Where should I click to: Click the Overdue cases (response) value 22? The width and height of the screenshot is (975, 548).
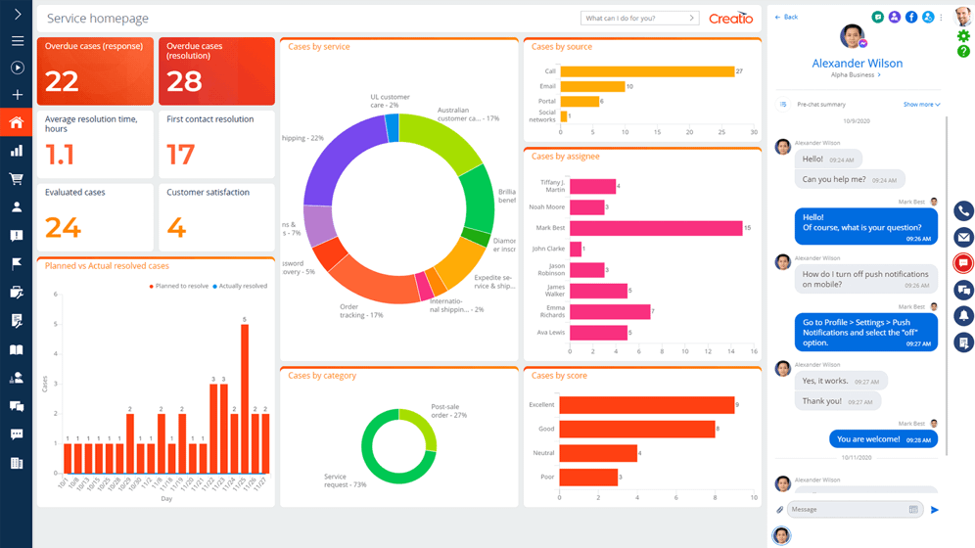tap(62, 81)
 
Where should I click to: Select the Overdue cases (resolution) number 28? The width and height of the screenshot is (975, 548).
tap(184, 81)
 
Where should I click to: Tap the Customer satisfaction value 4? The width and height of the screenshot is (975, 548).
tap(176, 227)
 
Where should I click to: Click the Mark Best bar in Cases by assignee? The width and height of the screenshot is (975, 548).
tap(655, 228)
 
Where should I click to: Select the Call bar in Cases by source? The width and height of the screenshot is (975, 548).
tap(646, 71)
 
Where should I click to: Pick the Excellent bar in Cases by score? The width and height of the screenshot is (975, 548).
tap(646, 405)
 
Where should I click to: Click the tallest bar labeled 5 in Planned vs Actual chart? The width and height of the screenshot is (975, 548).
tap(245, 399)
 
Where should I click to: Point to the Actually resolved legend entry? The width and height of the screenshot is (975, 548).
tap(241, 287)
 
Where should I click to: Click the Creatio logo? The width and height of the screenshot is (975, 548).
tap(731, 19)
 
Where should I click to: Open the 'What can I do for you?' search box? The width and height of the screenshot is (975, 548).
tap(636, 19)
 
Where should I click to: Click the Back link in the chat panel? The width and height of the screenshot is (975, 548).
tap(786, 18)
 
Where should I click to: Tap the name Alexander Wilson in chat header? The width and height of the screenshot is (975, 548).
tap(857, 64)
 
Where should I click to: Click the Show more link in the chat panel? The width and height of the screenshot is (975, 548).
tap(920, 105)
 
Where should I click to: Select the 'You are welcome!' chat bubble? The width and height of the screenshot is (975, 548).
tap(882, 439)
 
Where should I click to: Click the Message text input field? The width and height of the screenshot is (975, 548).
tap(847, 510)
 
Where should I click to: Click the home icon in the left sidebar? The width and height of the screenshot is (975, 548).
tap(17, 122)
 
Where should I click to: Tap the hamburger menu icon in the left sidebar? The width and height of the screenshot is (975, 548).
tap(17, 41)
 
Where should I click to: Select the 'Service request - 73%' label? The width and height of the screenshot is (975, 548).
tap(345, 481)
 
